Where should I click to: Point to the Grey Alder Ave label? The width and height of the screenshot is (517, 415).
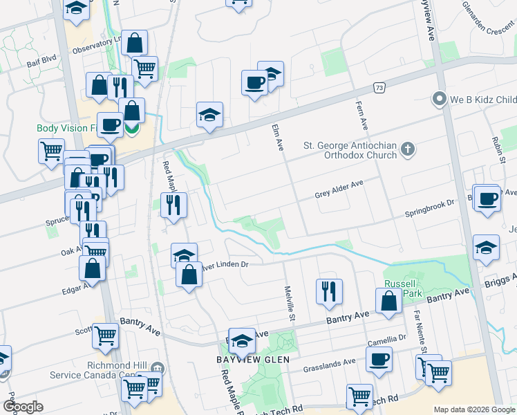pos(339,185)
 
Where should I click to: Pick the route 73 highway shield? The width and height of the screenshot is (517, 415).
pos(378,88)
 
